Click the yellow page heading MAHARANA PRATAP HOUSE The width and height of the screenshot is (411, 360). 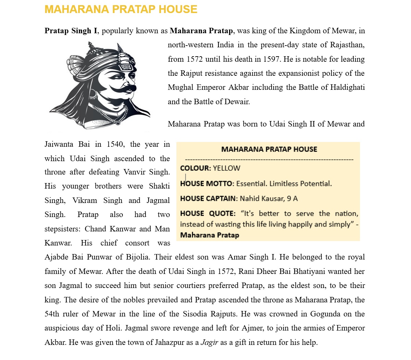[121, 9]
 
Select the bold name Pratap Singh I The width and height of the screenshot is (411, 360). [71, 31]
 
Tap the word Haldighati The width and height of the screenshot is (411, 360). [347, 87]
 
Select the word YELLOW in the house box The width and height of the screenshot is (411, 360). [226, 168]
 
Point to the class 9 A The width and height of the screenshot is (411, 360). [292, 199]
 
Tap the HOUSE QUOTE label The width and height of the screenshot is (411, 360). [208, 214]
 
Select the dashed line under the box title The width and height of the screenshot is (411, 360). [269, 160]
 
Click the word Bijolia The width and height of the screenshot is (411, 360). [138, 257]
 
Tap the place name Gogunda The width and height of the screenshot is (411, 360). [325, 314]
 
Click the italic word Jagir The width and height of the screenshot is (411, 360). [209, 343]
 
